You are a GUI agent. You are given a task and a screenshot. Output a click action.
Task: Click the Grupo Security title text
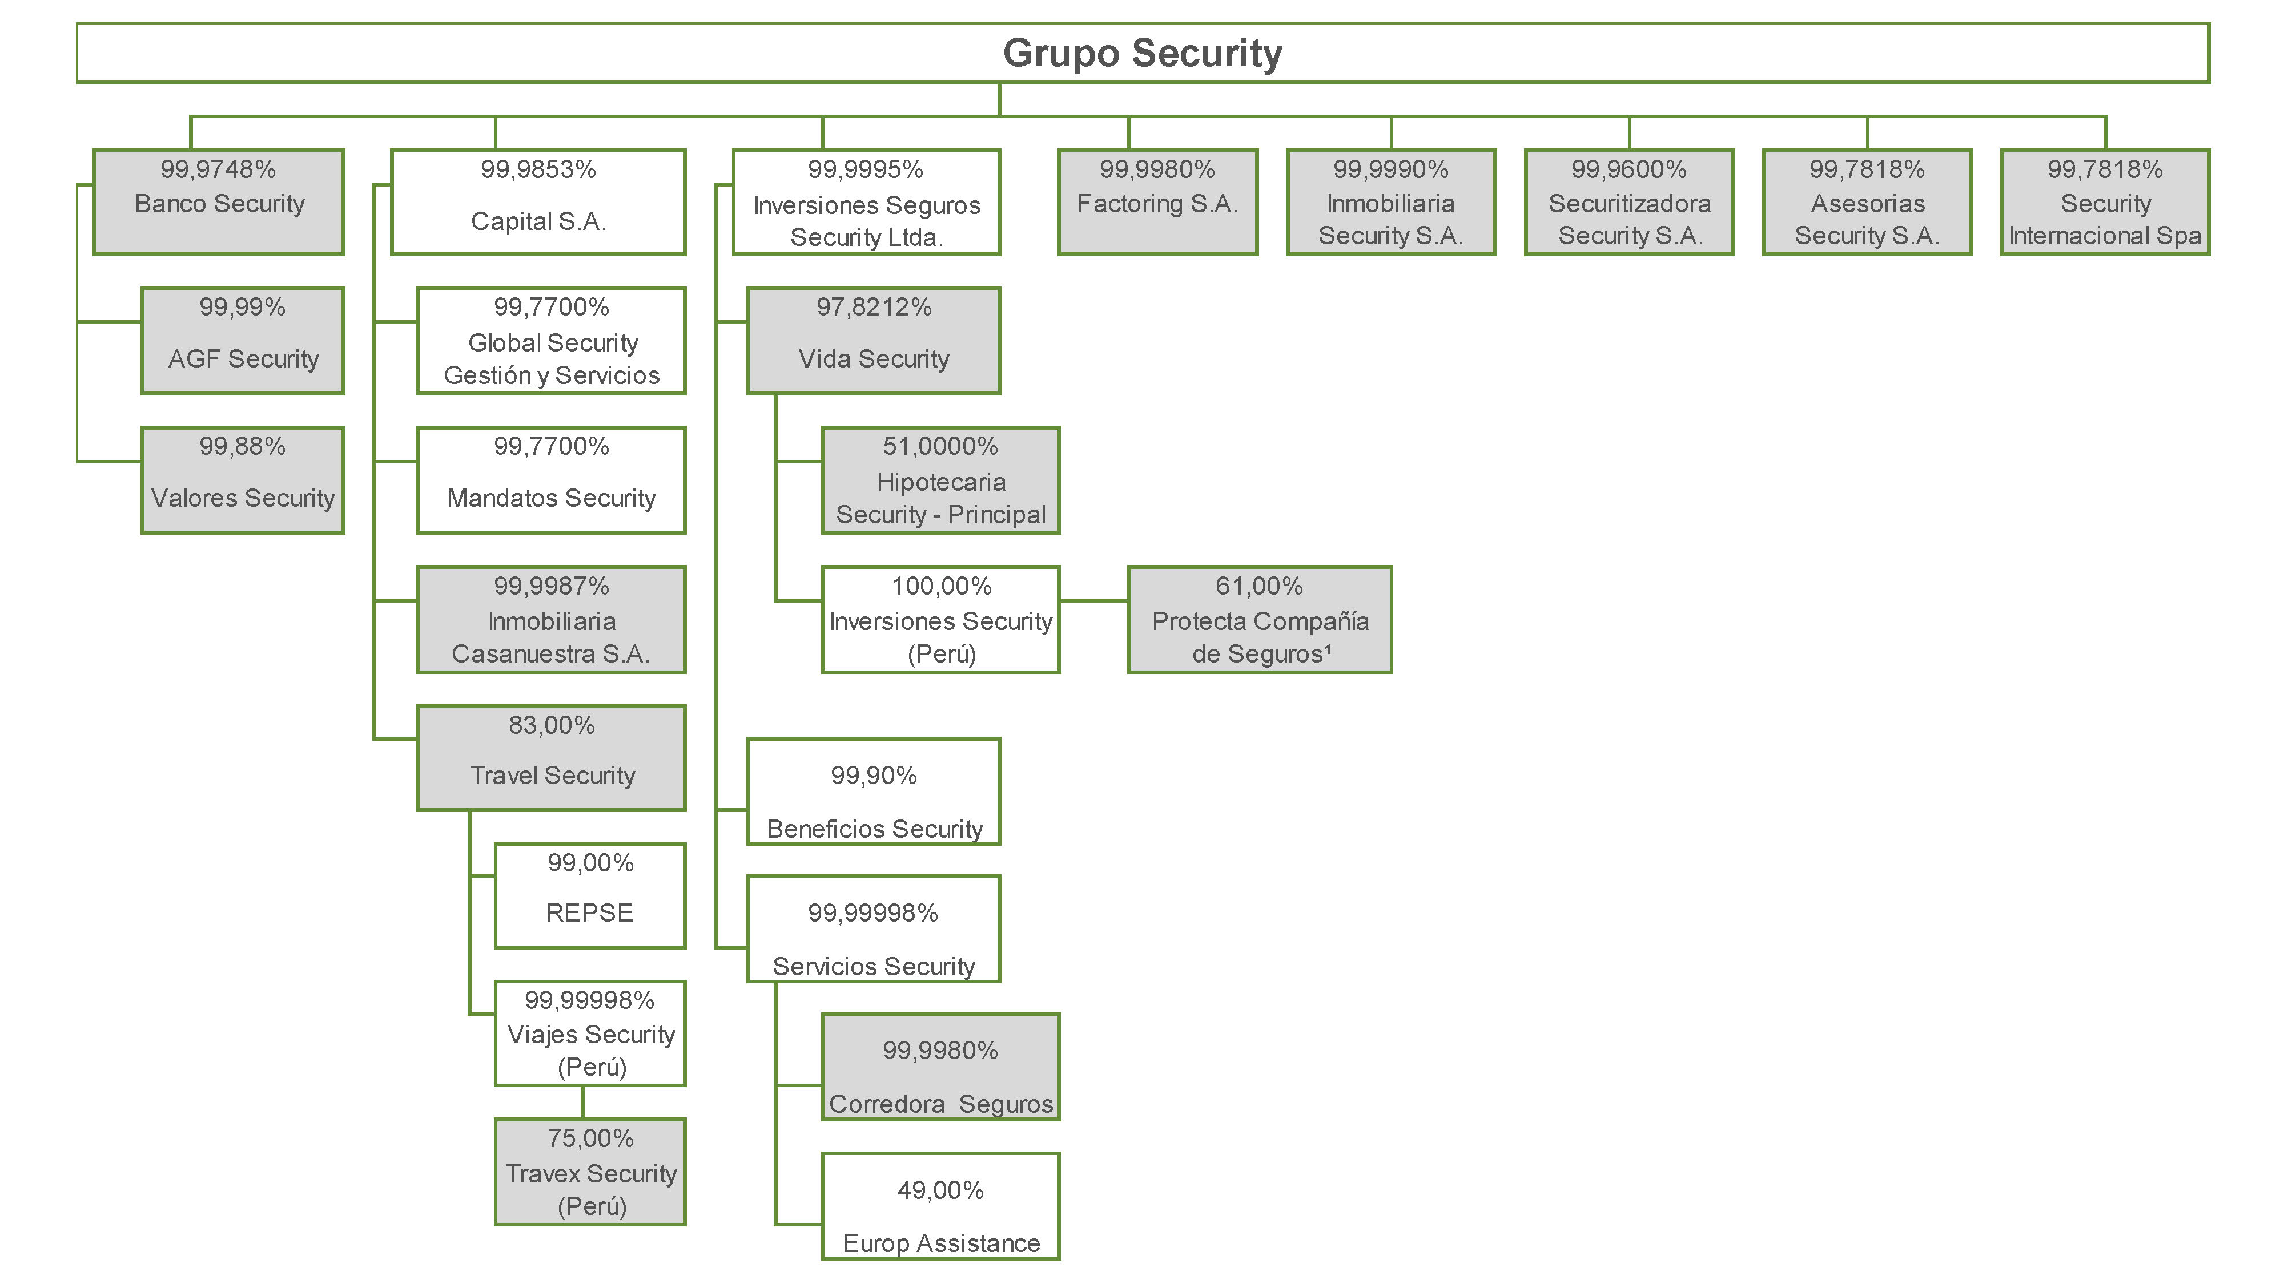pos(1142,53)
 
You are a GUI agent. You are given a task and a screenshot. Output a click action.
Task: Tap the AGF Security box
pos(243,341)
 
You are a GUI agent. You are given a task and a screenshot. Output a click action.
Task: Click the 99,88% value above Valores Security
pos(242,447)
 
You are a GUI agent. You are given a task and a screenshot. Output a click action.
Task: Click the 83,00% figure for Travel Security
pos(552,726)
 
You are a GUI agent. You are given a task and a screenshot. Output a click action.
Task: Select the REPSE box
pos(590,896)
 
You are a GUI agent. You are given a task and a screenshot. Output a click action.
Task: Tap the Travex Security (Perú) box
pos(590,1172)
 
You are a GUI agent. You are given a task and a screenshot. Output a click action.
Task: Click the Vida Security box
pos(874,341)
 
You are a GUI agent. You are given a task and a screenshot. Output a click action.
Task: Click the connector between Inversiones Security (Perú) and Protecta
pos(1093,601)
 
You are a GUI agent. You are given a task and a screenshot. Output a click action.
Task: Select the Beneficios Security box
pos(874,792)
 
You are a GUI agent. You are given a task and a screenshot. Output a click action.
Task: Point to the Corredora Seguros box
pos(941,1067)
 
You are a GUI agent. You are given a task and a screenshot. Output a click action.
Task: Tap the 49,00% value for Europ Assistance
pos(941,1190)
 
